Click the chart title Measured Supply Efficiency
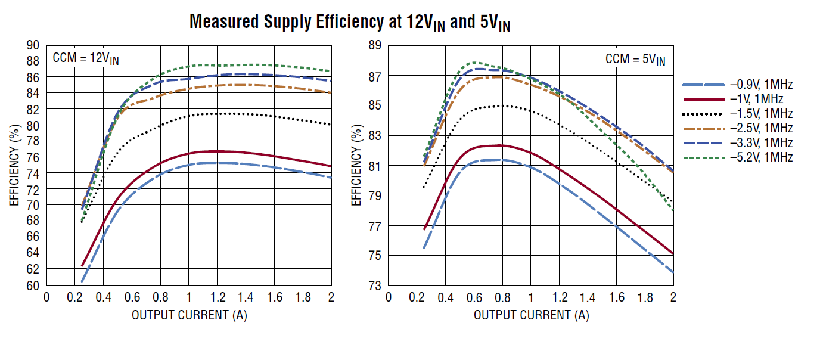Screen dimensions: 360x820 [350, 23]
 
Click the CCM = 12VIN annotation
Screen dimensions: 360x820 [86, 58]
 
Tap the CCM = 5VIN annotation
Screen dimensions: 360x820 [635, 59]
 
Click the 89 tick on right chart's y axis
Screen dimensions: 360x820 [375, 45]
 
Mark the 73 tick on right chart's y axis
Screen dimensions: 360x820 [375, 285]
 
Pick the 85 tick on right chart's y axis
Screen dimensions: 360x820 [375, 105]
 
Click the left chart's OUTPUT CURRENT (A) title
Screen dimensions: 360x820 [189, 315]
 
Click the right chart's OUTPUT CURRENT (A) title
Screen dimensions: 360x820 [531, 315]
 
